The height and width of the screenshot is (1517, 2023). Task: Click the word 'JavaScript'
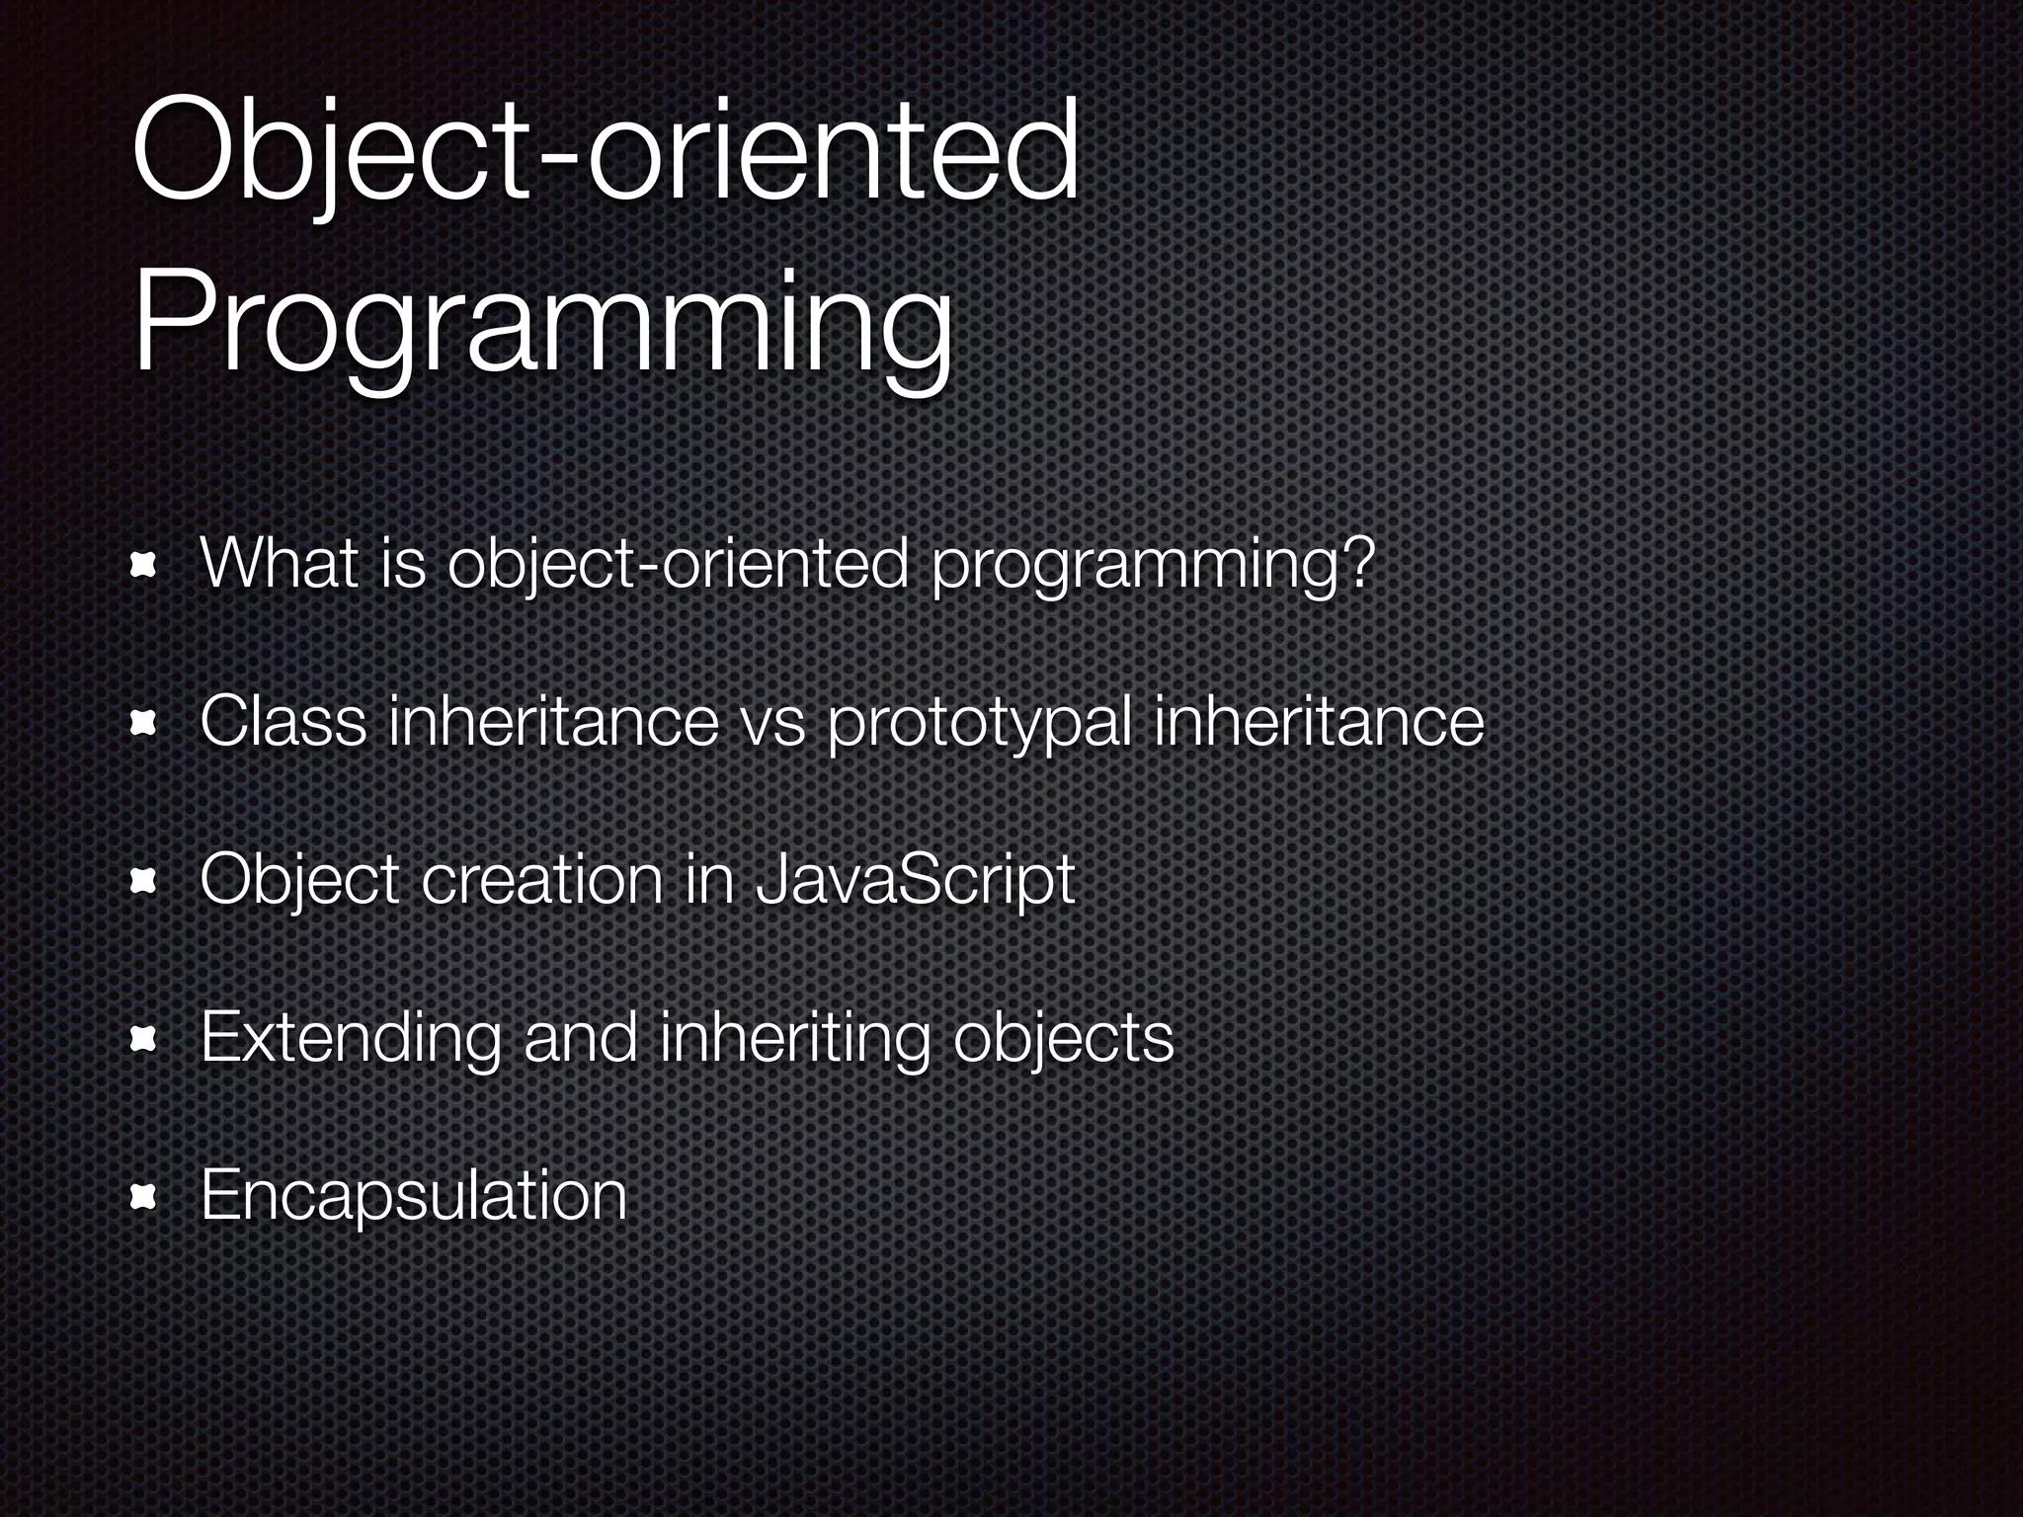(914, 881)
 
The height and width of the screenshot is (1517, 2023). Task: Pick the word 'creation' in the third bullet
(542, 879)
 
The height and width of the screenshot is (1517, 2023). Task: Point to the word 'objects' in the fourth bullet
(1063, 1039)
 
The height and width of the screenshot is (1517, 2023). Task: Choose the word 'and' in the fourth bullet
(580, 1037)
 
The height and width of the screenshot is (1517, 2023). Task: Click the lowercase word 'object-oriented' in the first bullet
(677, 566)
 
